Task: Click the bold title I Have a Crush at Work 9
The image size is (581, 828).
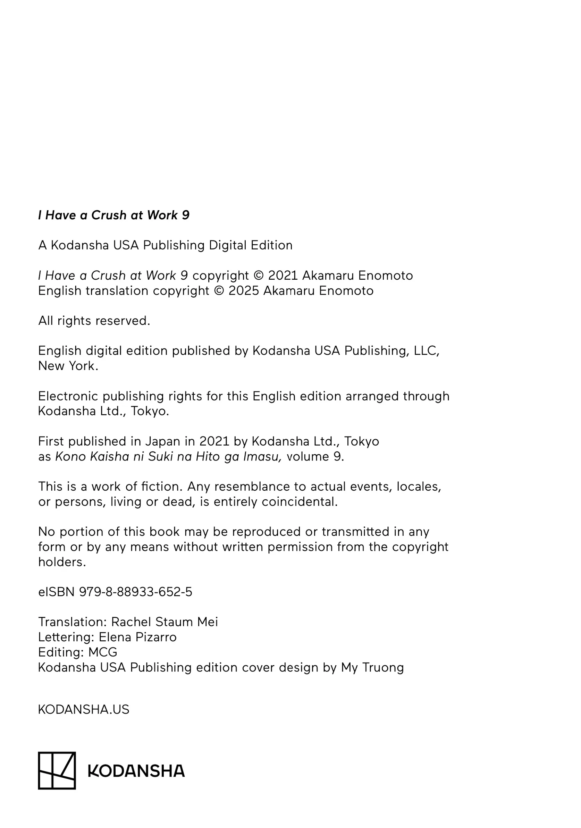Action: tap(113, 215)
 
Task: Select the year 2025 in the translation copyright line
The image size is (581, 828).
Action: tap(243, 291)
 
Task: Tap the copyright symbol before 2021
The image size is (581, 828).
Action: tap(259, 276)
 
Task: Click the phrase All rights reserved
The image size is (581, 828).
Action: tap(94, 321)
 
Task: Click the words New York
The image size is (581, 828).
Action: tap(68, 366)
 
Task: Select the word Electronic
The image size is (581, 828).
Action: tap(68, 396)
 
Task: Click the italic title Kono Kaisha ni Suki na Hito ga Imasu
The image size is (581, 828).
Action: tap(168, 457)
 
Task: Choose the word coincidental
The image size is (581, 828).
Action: tap(299, 502)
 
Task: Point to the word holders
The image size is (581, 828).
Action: tap(62, 562)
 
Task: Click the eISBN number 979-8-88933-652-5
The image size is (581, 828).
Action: tap(136, 592)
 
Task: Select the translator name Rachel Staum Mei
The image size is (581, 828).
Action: tap(164, 622)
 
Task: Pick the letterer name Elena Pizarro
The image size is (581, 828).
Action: tap(137, 637)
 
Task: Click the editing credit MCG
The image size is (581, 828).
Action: tap(103, 652)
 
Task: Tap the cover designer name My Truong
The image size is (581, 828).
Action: tap(372, 668)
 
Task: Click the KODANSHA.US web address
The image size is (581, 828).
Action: tap(83, 709)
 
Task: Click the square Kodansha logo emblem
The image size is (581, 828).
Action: tap(57, 770)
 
